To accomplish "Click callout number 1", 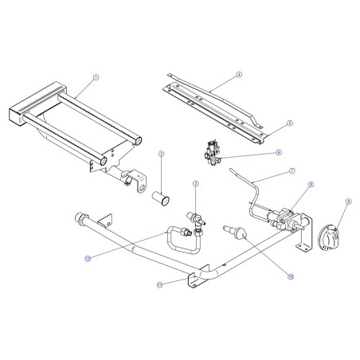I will [96, 77].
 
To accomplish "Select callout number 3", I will [195, 184].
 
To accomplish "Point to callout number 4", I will [237, 76].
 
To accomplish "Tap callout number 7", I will [292, 171].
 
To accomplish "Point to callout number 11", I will [159, 282].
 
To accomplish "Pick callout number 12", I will [88, 257].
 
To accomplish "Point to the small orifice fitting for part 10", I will [237, 233].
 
